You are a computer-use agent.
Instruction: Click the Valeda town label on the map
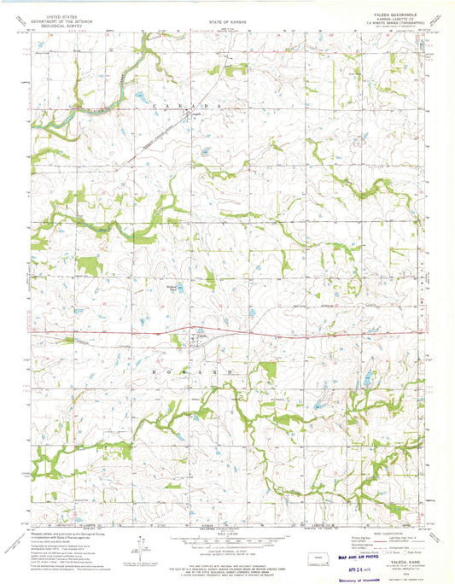click(x=201, y=336)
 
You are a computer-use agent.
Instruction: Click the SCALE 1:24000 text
click(x=227, y=534)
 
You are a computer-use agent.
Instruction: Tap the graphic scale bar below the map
click(x=227, y=540)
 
